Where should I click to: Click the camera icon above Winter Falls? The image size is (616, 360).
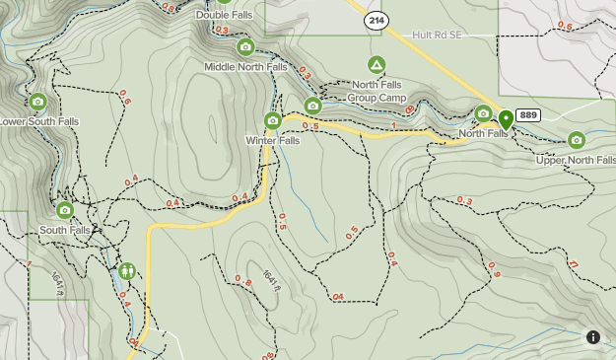[273, 121]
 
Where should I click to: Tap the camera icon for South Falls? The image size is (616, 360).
[65, 210]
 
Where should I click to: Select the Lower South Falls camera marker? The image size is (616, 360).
[37, 102]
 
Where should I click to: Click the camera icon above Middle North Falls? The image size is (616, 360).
[245, 46]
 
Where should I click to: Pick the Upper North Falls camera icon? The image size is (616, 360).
[577, 140]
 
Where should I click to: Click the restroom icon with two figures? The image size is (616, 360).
[126, 271]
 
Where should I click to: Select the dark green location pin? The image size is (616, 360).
[506, 119]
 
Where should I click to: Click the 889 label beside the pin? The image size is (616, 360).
[528, 115]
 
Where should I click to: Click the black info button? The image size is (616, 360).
[593, 337]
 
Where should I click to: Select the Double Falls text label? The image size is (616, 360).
[224, 15]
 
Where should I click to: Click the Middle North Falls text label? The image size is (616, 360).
[245, 67]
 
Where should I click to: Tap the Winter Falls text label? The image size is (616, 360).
[272, 141]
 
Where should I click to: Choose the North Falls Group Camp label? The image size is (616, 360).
[379, 91]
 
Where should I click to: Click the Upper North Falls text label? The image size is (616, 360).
[576, 160]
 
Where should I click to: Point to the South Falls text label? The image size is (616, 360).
[64, 230]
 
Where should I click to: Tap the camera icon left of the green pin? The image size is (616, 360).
[483, 113]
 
